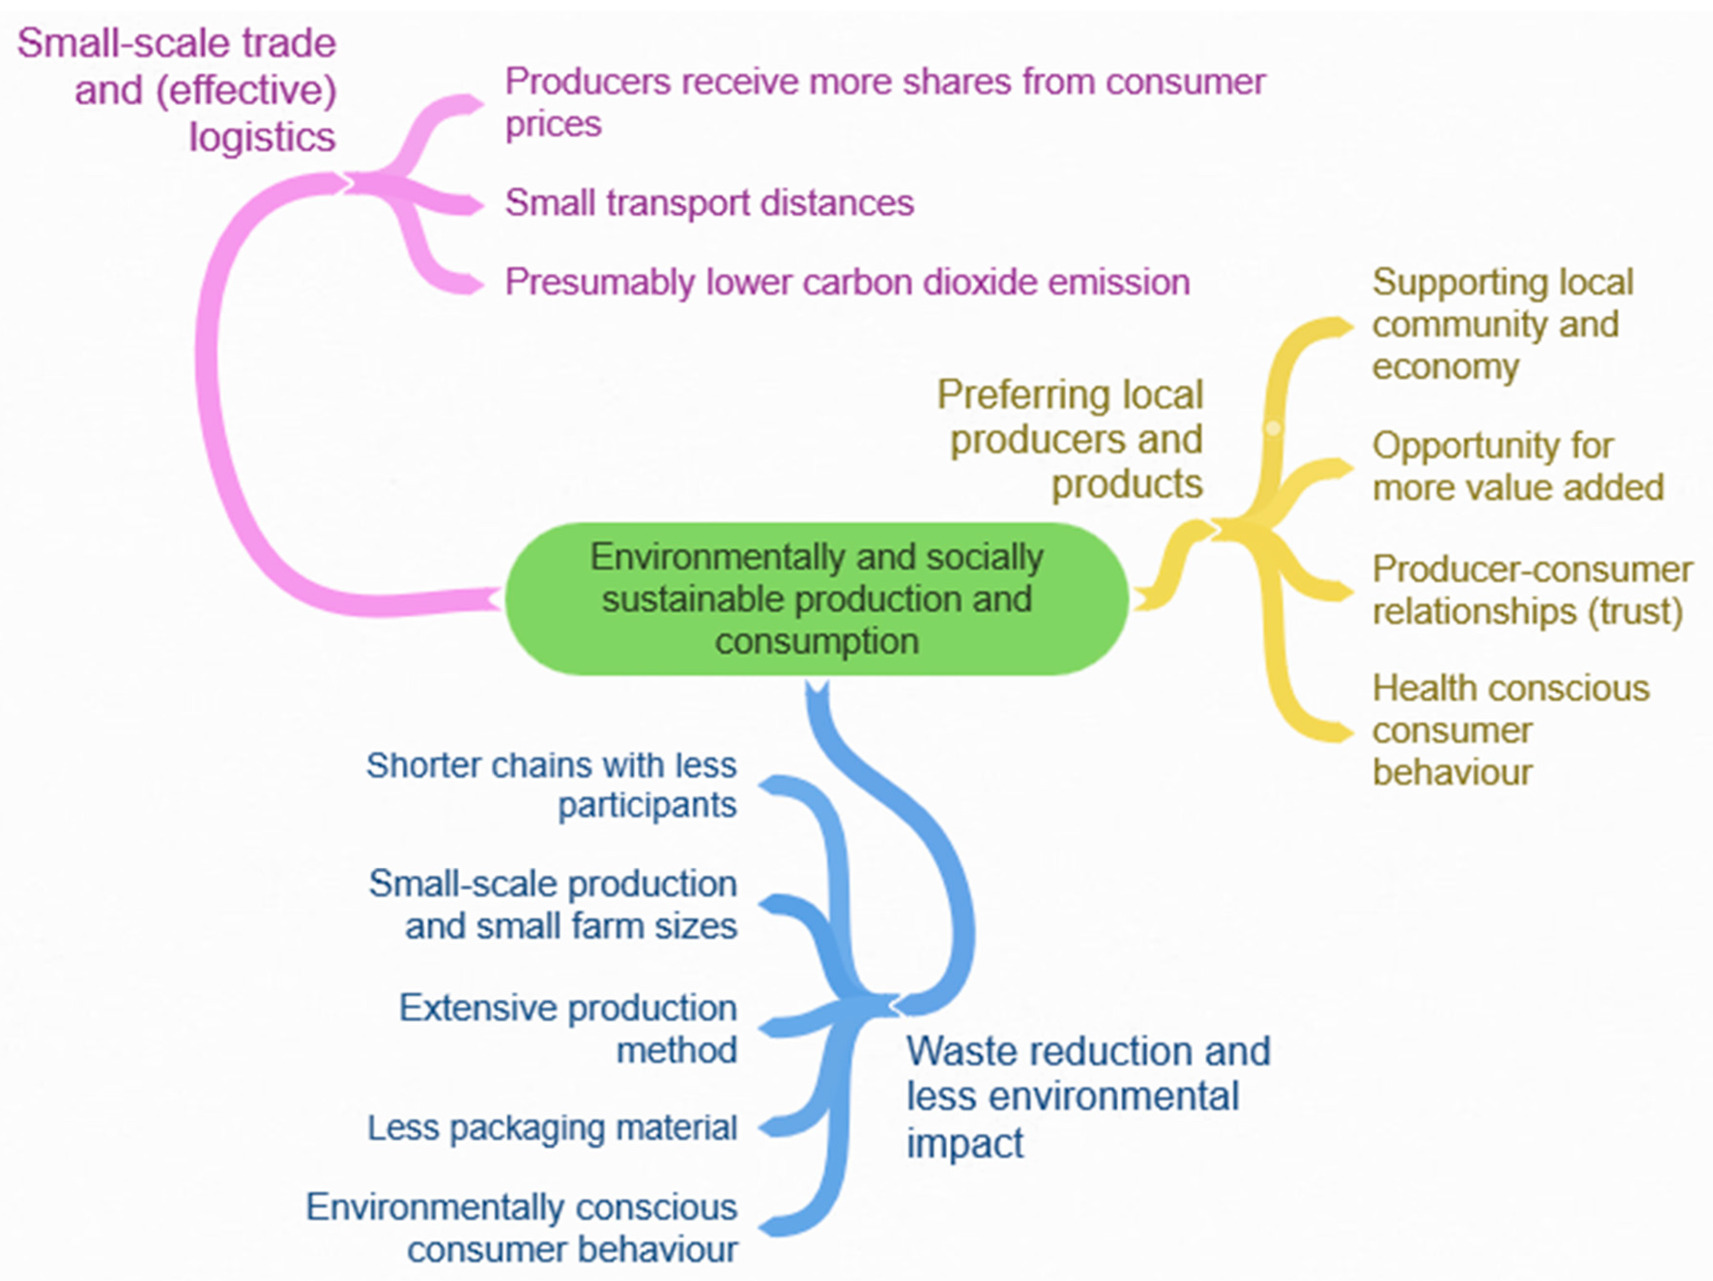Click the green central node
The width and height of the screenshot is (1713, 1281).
click(x=817, y=599)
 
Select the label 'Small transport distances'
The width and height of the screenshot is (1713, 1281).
click(x=709, y=203)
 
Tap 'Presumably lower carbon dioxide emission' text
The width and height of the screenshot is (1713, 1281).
click(x=846, y=282)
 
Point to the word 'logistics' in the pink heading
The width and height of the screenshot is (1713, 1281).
click(x=262, y=137)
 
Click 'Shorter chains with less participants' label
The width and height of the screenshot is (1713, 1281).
click(x=551, y=785)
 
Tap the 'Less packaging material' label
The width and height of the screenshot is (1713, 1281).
click(x=551, y=1128)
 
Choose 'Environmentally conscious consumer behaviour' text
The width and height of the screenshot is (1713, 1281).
click(x=522, y=1227)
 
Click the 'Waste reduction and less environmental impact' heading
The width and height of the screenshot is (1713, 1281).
click(x=1087, y=1096)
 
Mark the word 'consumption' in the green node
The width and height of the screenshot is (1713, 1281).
click(x=817, y=641)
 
